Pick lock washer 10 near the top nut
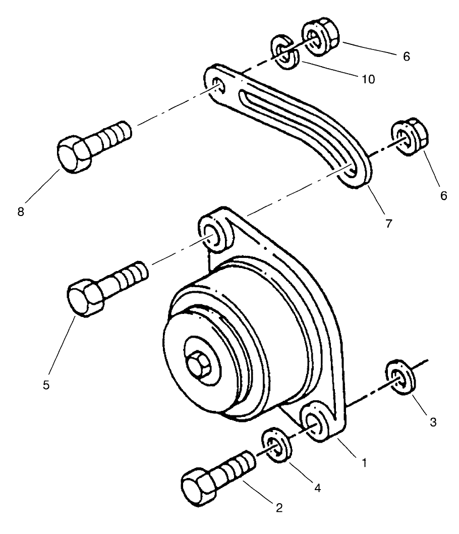286,52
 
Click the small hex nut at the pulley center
198,362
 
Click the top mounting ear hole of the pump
215,235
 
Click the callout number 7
388,223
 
